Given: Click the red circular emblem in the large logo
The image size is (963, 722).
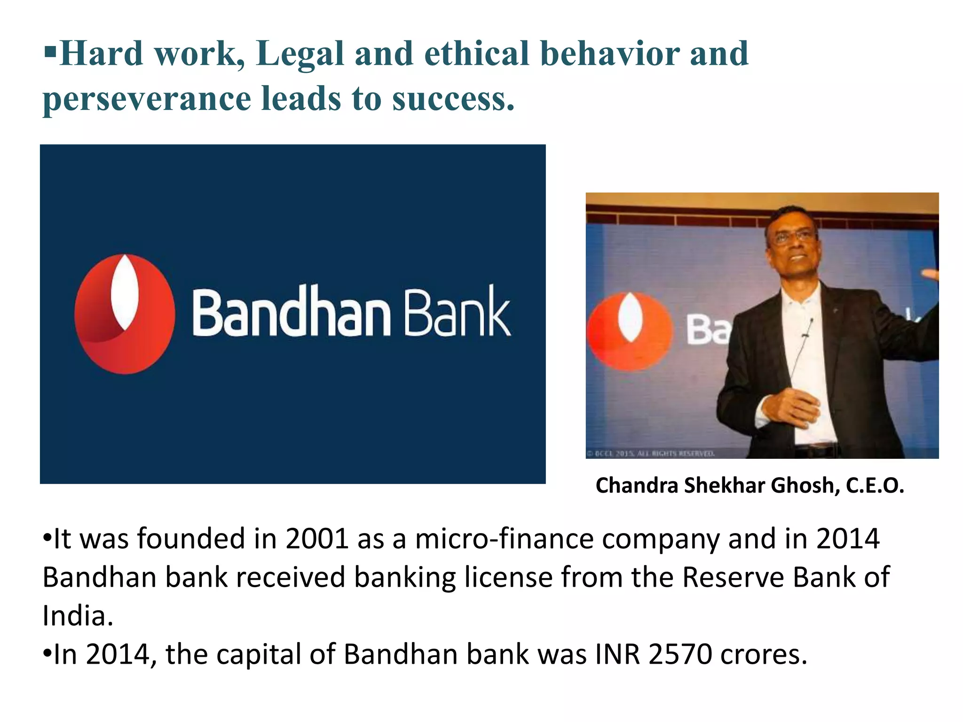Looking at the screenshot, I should tap(125, 314).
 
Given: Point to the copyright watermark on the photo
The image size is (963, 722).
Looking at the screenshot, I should tap(651, 454).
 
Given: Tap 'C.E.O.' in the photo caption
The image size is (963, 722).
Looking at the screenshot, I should tap(875, 486).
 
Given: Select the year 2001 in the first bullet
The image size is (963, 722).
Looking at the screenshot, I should tap(316, 539).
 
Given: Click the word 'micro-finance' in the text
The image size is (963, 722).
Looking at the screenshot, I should tap(504, 539).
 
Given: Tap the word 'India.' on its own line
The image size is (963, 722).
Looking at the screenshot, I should tap(78, 616).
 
